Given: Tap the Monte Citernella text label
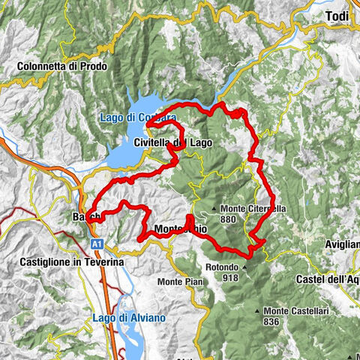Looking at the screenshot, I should click(x=248, y=208).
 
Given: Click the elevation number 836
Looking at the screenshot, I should click(x=271, y=322).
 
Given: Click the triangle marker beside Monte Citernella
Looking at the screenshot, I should click(x=214, y=208).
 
